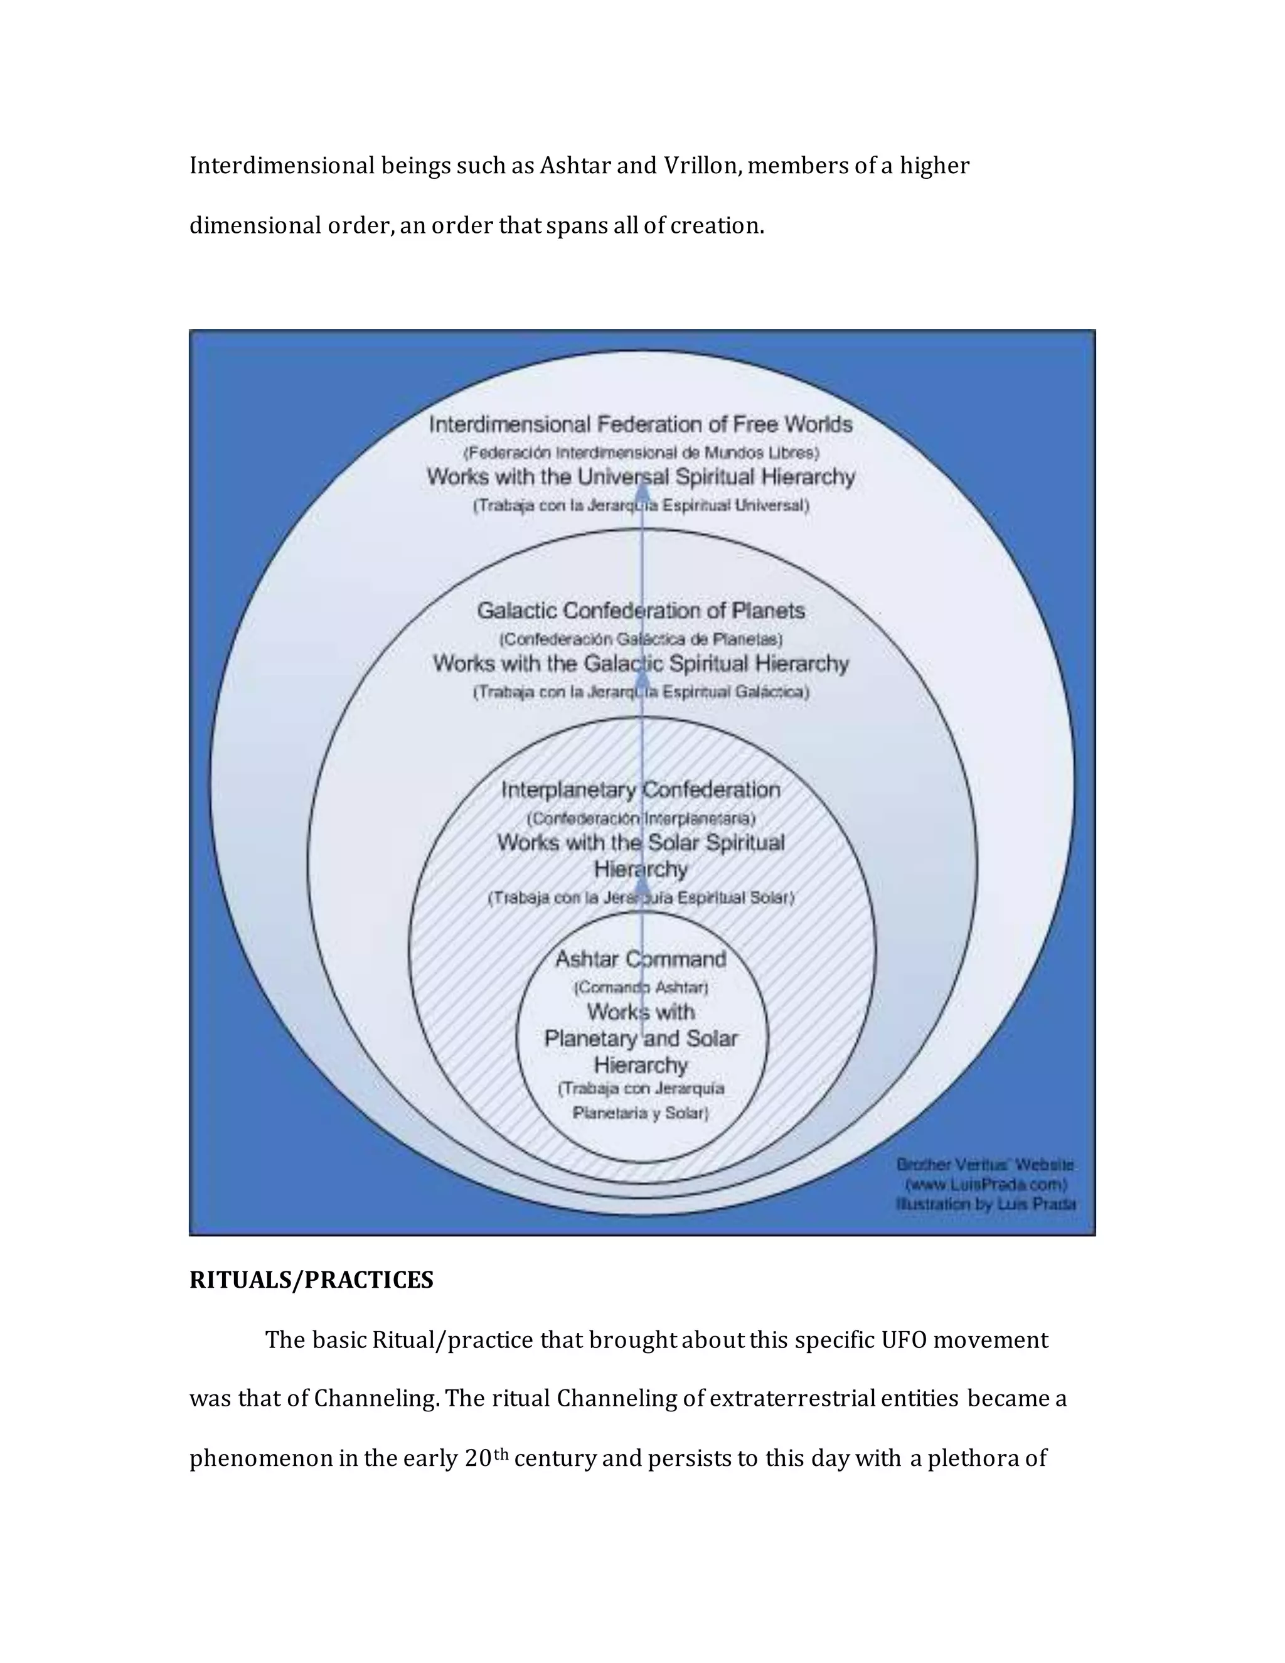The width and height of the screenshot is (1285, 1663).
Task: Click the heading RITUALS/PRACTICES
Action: pos(311,1280)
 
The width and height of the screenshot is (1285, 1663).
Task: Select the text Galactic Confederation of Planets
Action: pos(641,611)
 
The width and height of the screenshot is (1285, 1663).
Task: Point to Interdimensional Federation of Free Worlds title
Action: pos(641,424)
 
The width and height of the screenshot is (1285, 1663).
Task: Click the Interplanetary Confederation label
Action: pos(641,790)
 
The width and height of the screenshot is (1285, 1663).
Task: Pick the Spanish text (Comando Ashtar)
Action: pos(641,988)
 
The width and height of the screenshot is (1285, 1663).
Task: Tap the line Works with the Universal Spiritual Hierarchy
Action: pos(641,478)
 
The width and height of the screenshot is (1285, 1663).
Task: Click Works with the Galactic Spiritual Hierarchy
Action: pos(641,664)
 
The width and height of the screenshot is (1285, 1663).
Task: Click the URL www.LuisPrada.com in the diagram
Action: pos(986,1185)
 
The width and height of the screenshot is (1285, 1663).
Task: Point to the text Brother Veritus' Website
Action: pos(985,1165)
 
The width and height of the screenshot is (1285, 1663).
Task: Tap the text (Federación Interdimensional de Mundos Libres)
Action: pos(641,452)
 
